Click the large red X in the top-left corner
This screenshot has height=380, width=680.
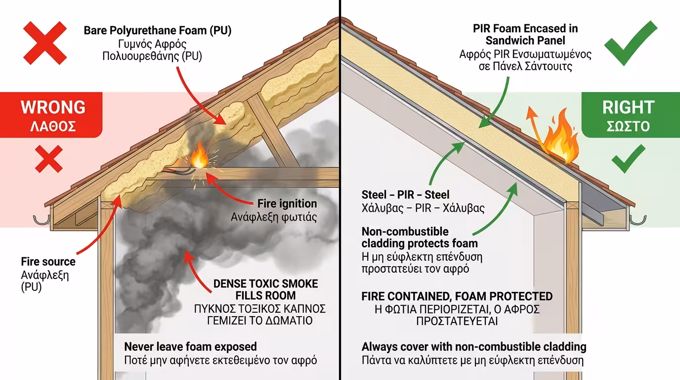45,43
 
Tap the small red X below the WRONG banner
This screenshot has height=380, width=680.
49,159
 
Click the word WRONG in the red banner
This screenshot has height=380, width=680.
53,107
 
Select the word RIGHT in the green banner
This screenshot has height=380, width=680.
628,107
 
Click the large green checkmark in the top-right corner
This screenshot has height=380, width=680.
631,44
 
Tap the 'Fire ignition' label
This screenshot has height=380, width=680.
287,203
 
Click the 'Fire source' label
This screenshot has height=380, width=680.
48,262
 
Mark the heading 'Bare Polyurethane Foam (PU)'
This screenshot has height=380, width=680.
158,31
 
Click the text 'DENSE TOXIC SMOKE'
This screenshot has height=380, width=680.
266,284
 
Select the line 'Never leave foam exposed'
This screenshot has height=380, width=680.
190,347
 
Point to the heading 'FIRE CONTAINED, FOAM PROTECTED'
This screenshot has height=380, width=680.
457,296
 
